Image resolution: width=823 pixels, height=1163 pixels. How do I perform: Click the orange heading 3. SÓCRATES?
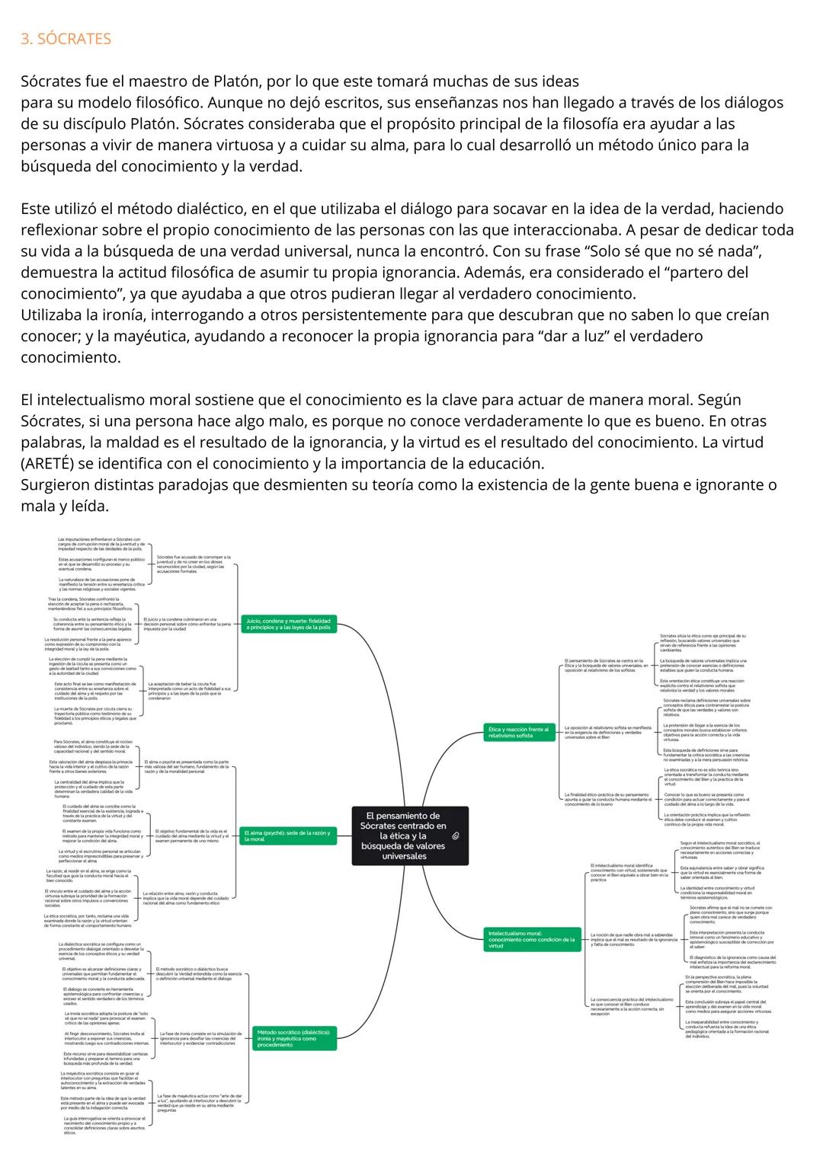[66, 39]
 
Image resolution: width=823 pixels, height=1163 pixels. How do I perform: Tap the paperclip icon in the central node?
[456, 836]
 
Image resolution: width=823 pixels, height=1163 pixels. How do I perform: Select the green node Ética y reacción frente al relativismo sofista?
[519, 733]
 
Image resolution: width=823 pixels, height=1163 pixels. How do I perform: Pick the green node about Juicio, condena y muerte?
[288, 624]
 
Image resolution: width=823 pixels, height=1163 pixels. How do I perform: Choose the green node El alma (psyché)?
[288, 836]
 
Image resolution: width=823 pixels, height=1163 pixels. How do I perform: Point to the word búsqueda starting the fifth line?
[53, 166]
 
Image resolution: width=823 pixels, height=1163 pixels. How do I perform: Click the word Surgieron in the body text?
[56, 485]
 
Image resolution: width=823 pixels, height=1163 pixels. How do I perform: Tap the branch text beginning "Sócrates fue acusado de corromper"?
[194, 564]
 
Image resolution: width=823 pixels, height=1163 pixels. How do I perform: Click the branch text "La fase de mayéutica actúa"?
[200, 1102]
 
